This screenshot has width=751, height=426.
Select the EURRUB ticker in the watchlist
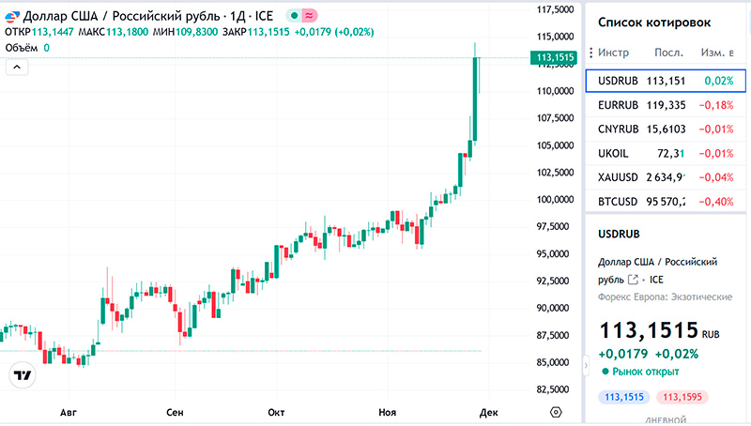[x=618, y=105]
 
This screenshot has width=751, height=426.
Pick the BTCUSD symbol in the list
[x=618, y=202]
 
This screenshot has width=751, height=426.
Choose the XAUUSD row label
[x=618, y=177]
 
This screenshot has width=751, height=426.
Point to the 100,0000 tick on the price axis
[x=554, y=200]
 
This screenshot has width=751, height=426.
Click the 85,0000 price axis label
[x=554, y=362]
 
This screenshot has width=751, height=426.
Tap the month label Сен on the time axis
[x=174, y=412]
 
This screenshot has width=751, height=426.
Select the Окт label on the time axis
[x=276, y=412]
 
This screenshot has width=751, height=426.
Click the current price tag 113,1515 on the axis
[x=554, y=58]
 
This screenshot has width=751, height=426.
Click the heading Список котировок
[x=654, y=23]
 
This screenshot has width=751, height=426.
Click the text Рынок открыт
[x=646, y=372]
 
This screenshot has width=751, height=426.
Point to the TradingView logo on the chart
[x=22, y=374]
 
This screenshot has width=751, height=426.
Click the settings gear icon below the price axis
[x=556, y=412]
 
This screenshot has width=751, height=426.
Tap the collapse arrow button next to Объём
[x=16, y=67]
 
